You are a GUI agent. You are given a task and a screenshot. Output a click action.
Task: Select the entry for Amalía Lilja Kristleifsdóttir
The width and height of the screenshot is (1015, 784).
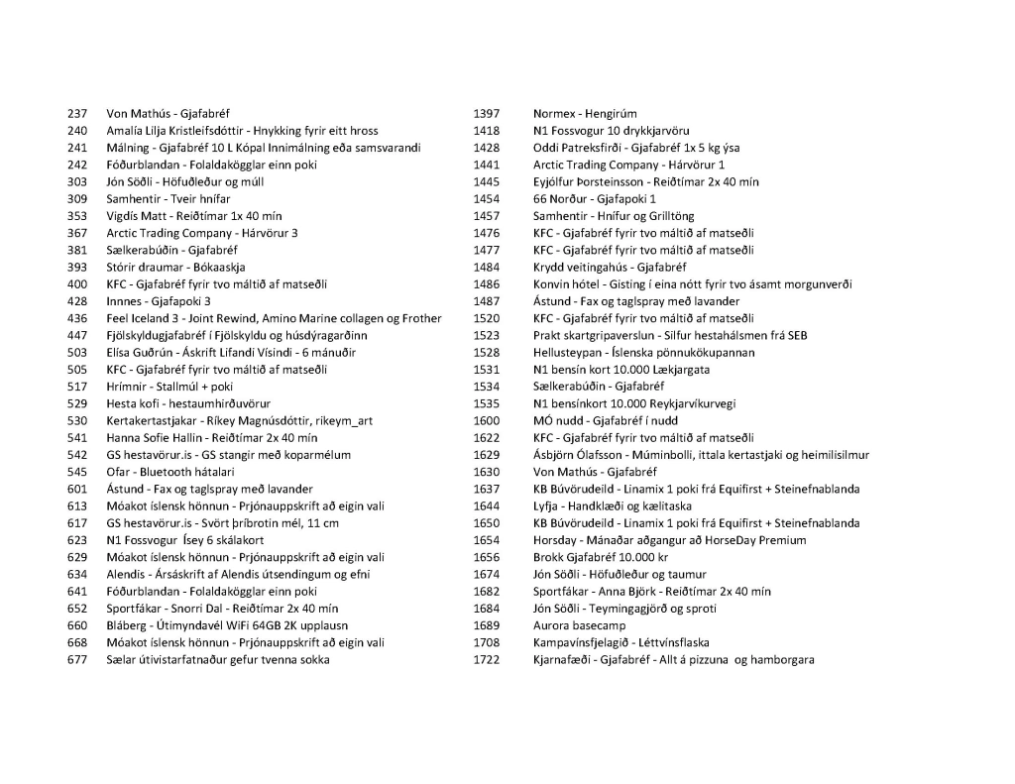pos(242,131)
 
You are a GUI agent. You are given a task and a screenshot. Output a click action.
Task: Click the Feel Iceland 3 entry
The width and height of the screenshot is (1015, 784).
pos(274,318)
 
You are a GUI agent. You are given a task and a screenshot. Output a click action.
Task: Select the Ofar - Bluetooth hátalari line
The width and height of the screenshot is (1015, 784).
pos(170,472)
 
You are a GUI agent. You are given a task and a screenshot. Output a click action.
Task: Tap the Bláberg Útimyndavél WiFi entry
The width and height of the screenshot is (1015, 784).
pos(227,625)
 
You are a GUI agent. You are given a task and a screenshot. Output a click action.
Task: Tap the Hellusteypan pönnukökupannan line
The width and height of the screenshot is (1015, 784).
pos(643,353)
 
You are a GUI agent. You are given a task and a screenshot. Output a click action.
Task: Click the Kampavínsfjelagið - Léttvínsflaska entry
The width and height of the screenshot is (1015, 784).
pos(620,642)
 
